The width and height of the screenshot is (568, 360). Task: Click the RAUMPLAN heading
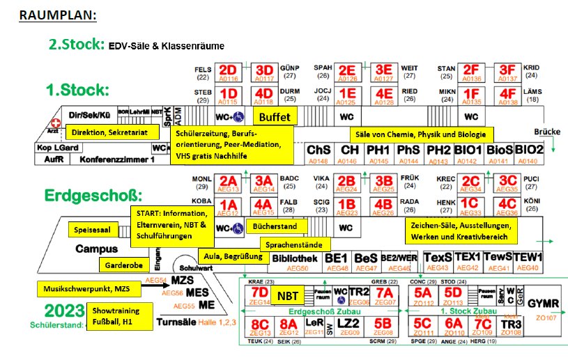(x=58, y=14)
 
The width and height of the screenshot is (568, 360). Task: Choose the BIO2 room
(x=530, y=150)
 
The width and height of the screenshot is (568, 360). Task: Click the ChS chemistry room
(x=319, y=150)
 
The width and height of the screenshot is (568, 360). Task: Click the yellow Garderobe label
(x=124, y=265)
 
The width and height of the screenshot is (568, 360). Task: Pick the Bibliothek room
(x=295, y=258)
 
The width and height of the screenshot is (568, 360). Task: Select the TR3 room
(x=512, y=324)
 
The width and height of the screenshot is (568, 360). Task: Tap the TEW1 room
(x=528, y=257)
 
